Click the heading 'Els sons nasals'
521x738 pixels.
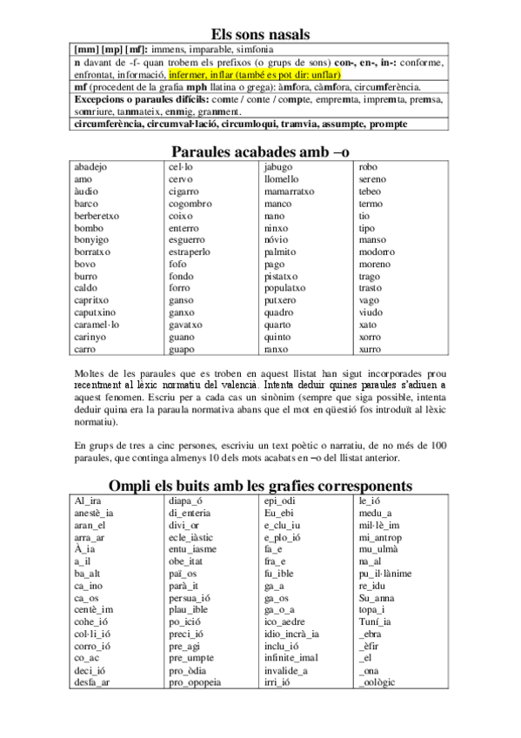pos(260,34)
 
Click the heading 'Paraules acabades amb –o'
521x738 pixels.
pos(260,151)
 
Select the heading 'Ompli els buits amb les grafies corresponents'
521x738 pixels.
pos(260,485)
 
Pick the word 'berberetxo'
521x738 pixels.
pos(97,215)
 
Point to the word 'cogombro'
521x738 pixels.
pos(190,204)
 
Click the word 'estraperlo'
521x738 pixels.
pos(190,252)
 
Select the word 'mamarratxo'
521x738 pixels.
pos(290,191)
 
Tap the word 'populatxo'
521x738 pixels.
pos(284,288)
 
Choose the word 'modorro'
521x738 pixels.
pos(376,252)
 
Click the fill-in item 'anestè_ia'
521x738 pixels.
pos(95,513)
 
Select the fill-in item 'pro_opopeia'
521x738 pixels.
pos(196,682)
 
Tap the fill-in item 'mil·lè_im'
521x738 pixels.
pos(379,525)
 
